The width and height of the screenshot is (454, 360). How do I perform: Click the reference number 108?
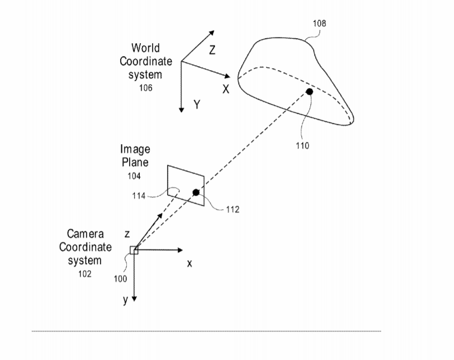(319, 23)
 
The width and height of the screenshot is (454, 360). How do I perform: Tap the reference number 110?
(302, 145)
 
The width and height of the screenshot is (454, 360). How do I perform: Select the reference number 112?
(233, 209)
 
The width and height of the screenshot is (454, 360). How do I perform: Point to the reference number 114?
(139, 196)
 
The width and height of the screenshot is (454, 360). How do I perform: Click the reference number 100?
(121, 279)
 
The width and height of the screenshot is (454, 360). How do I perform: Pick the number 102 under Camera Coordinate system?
(85, 274)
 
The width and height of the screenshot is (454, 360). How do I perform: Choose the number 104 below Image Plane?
(134, 176)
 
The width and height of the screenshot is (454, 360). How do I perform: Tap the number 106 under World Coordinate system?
(146, 87)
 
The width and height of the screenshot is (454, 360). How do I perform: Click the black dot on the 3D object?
(310, 92)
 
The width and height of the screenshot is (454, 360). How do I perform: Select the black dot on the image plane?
(196, 192)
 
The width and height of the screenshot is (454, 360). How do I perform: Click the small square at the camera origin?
(134, 250)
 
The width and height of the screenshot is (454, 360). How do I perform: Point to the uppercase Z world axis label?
(212, 50)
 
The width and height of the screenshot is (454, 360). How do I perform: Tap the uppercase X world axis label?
(226, 89)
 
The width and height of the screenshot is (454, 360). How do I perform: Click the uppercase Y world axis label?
(197, 104)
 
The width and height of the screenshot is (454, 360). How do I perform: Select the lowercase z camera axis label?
(127, 234)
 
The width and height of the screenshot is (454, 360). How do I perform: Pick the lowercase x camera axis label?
(189, 264)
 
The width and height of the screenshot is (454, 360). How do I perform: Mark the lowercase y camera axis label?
(125, 300)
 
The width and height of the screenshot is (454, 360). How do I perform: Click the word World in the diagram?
(145, 48)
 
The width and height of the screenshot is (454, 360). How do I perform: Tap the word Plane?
(135, 162)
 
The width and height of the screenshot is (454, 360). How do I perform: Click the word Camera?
(85, 234)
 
